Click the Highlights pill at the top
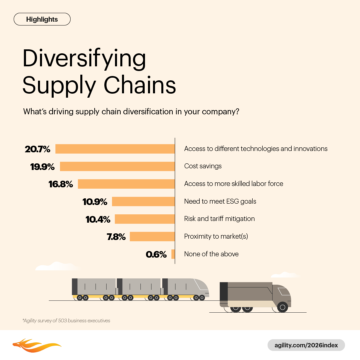pos(42,19)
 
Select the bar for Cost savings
pos(117,166)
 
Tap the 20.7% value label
pos(37,149)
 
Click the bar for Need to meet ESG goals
pos(143,201)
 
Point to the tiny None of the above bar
pos(173,254)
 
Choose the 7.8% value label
pos(116,237)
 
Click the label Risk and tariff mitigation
pos(219,219)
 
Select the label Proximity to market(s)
pos(216,236)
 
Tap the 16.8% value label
pos(61,184)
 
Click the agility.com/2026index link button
pos(306,345)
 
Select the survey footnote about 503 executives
pos(66,321)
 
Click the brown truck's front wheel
pos(282,307)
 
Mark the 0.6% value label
pos(156,254)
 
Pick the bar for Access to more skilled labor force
pos(126,184)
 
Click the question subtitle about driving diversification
pos(131,111)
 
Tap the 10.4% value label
pos(98,219)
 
